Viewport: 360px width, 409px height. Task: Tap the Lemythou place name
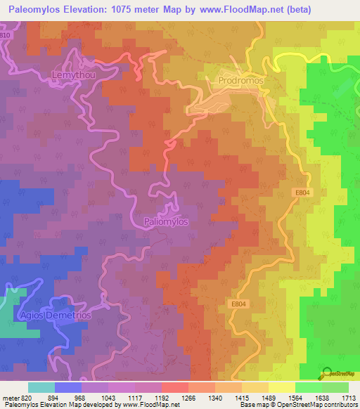tap(73, 74)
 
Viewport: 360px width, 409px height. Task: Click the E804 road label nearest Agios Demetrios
tap(238, 304)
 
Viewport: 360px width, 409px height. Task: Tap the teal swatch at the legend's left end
tap(41, 387)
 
